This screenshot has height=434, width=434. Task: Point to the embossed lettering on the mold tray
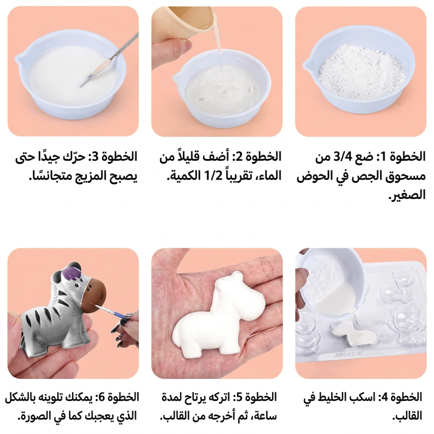tap(345, 355)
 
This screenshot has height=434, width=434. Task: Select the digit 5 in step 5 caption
tap(237, 398)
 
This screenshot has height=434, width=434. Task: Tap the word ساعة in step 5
tap(266, 416)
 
